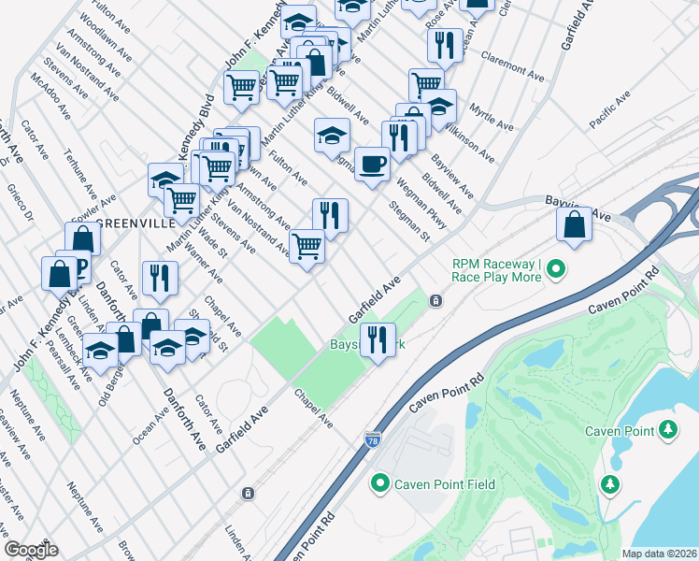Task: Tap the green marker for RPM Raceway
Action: tap(557, 270)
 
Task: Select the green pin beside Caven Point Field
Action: tap(379, 483)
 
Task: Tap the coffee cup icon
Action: tap(372, 164)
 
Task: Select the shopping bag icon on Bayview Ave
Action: tap(574, 223)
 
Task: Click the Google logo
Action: tap(31, 550)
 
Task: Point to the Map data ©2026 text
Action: tap(659, 554)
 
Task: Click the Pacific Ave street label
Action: tap(611, 116)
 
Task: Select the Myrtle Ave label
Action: tap(492, 118)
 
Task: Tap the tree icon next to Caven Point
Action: tap(668, 429)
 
